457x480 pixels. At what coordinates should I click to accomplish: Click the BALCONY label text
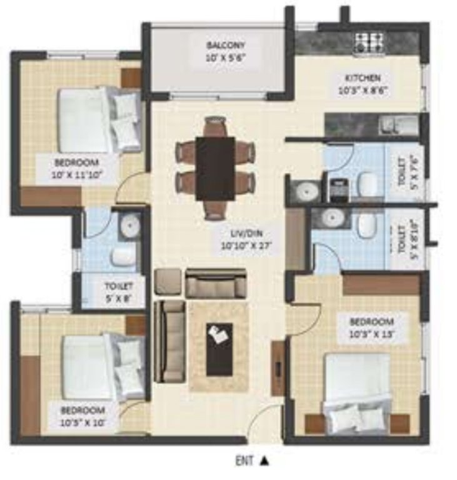tap(226, 46)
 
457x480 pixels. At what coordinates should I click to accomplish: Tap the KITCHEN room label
tap(363, 77)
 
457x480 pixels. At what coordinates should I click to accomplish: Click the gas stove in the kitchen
tap(369, 42)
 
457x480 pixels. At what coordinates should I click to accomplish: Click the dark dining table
tap(215, 168)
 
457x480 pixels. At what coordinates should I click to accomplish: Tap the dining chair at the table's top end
tap(215, 126)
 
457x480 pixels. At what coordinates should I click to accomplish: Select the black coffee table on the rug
tap(219, 348)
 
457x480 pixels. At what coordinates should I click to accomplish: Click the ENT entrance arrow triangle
tap(264, 462)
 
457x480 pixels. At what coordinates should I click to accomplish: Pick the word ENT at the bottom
tap(244, 462)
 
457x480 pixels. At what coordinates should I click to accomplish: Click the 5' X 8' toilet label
tap(117, 292)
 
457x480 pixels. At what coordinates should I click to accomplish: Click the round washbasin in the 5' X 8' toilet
tap(131, 225)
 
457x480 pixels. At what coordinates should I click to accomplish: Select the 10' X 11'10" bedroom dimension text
tap(77, 174)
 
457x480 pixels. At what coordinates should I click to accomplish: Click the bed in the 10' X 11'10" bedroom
tap(100, 119)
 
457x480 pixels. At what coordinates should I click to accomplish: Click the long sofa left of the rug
tap(169, 341)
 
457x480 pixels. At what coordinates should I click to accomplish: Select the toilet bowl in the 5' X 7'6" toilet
tap(368, 182)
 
